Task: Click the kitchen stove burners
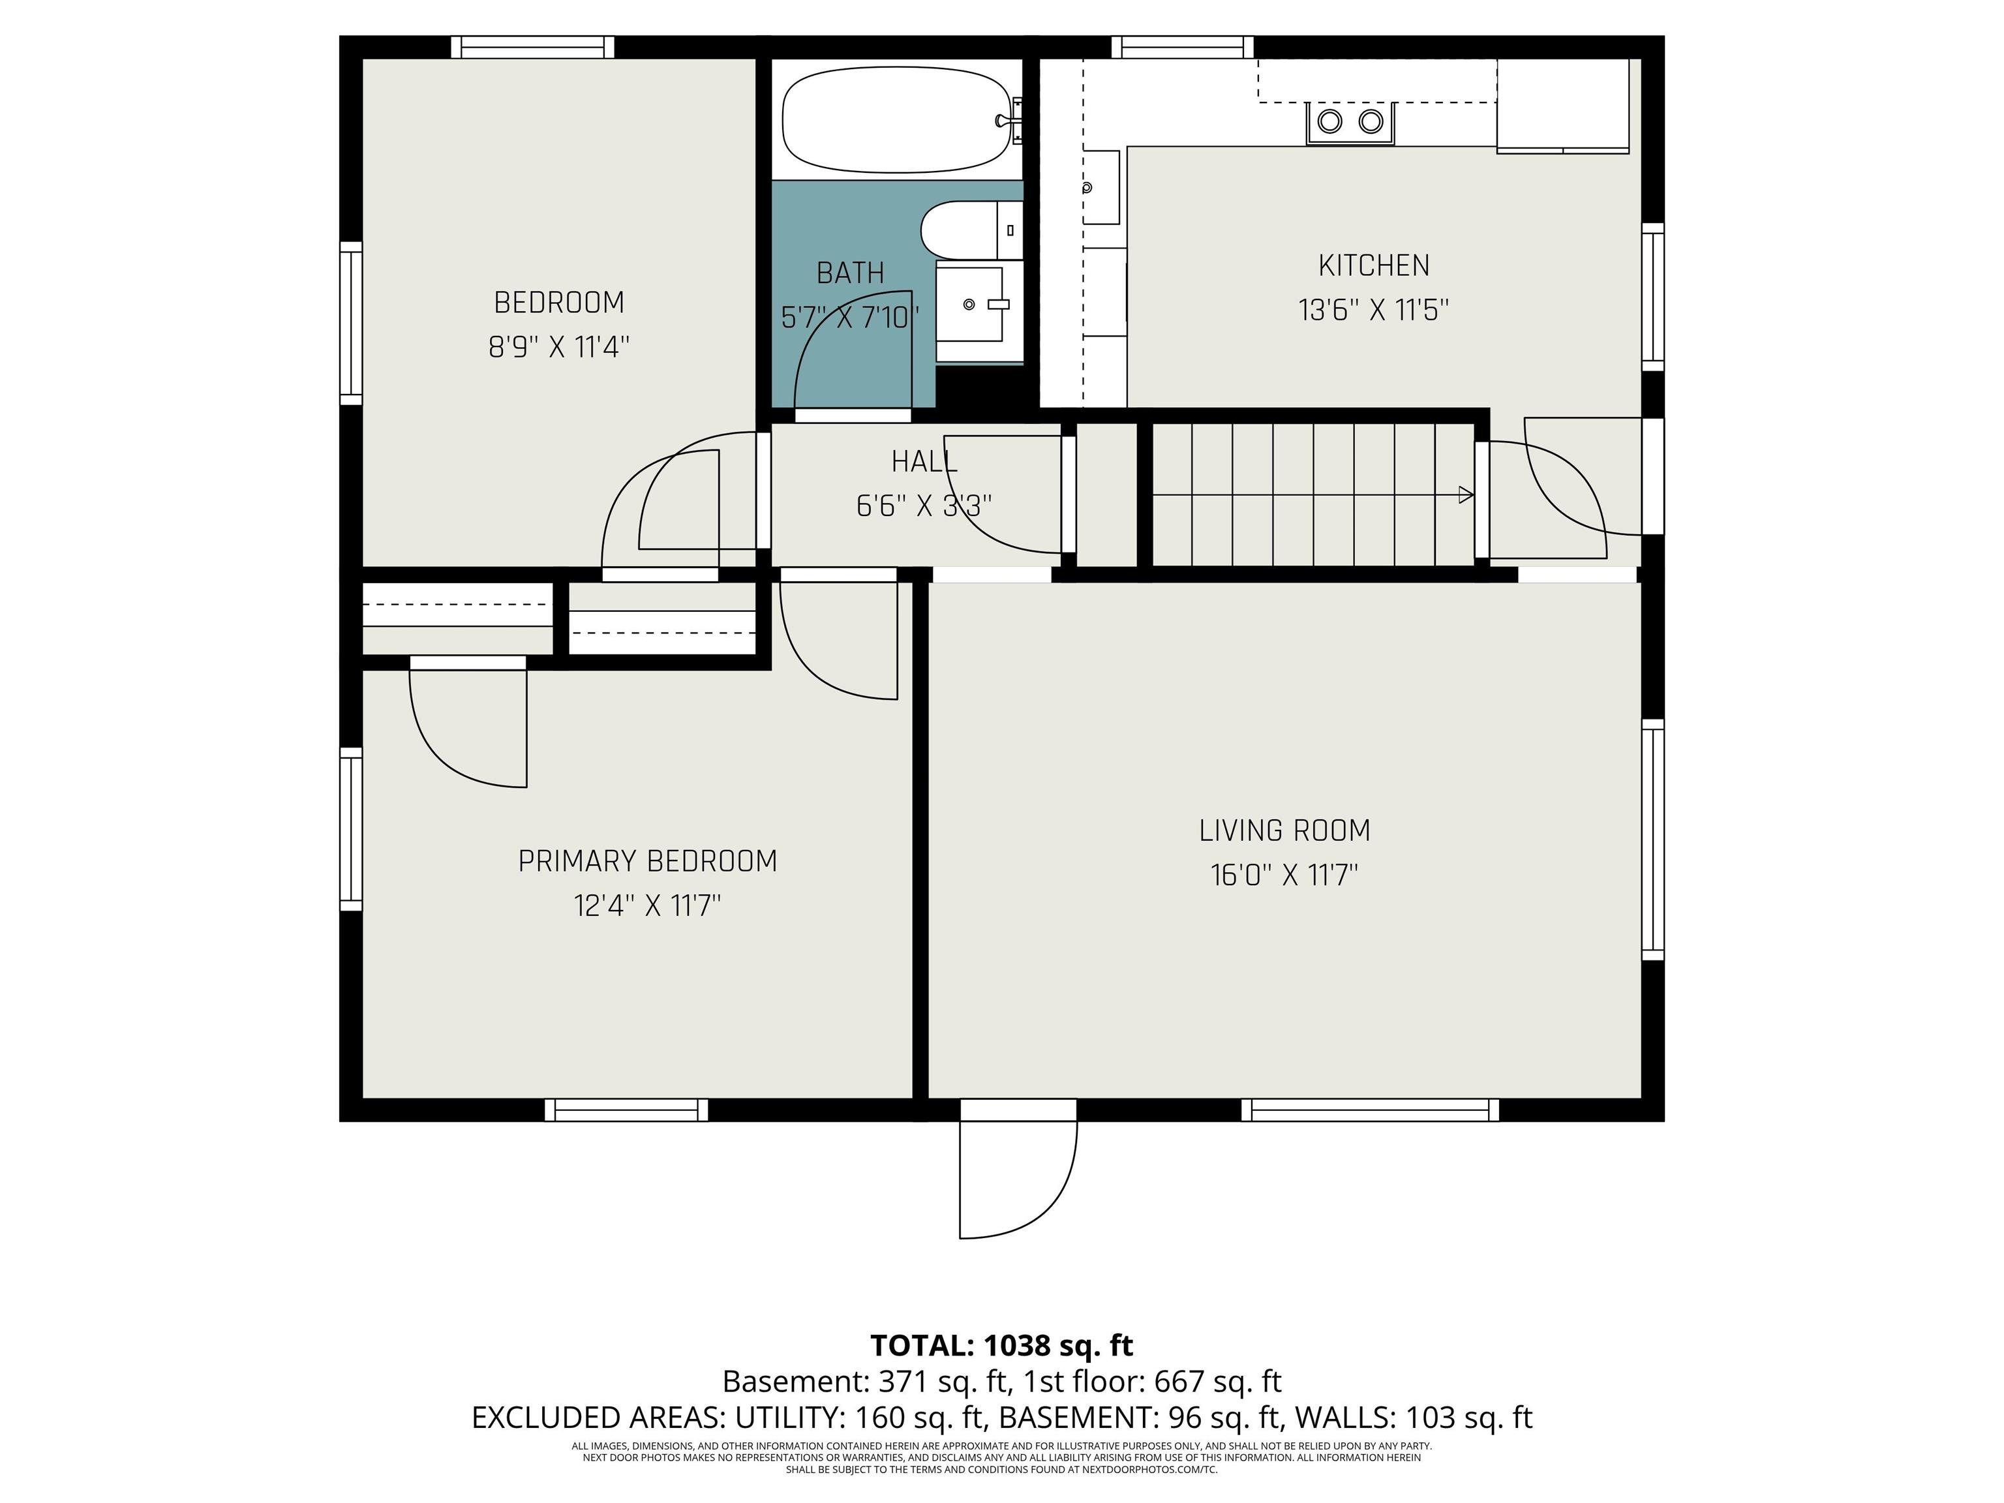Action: click(x=1350, y=121)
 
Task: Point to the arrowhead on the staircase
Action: click(x=1466, y=494)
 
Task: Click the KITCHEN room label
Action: click(x=1373, y=266)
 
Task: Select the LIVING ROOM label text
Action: click(x=1284, y=830)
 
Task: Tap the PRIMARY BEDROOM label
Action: click(x=648, y=860)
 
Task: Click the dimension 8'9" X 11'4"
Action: click(x=559, y=347)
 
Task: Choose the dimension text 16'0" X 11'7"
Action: click(x=1284, y=875)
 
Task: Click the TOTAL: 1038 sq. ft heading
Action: click(x=1002, y=1345)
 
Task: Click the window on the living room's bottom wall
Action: click(x=1370, y=1110)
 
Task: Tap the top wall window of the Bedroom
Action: click(x=533, y=47)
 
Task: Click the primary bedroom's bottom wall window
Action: click(x=626, y=1110)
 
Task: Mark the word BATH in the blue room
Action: click(x=850, y=273)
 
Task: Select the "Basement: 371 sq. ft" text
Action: click(x=865, y=1382)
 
